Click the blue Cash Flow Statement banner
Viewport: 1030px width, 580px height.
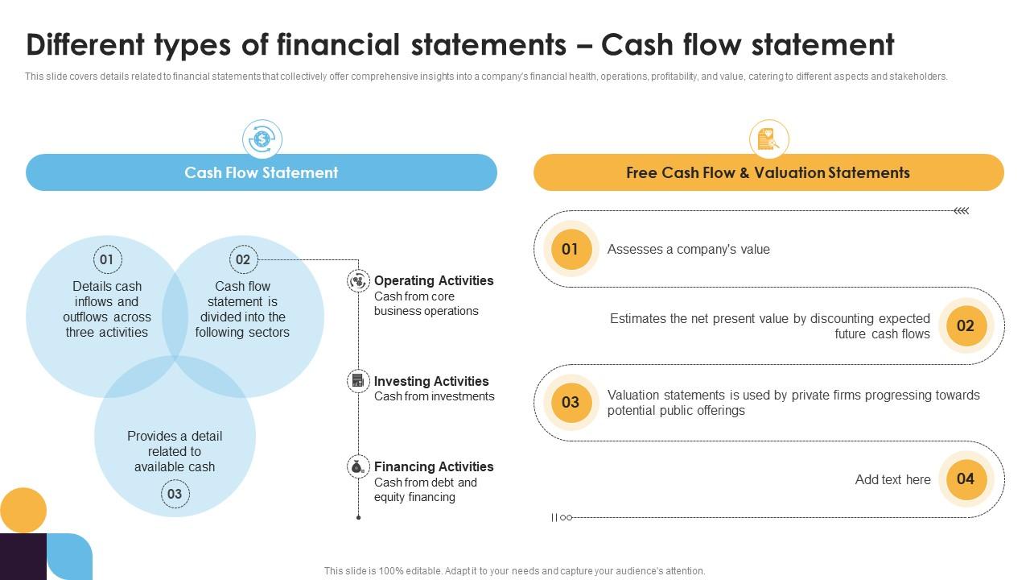coord(262,172)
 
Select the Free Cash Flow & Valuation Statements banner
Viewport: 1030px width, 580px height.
coord(768,172)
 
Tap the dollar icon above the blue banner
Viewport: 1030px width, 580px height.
coord(262,139)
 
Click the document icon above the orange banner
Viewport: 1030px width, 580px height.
coord(768,139)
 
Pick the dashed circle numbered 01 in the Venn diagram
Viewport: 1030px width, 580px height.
coord(106,259)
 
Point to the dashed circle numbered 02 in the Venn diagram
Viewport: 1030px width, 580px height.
coord(242,259)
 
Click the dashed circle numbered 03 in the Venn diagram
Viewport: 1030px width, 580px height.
coord(175,494)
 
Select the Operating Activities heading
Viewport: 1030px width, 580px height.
coord(434,280)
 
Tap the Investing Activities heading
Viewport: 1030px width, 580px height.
coord(431,381)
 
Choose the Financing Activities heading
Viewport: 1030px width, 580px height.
coord(434,466)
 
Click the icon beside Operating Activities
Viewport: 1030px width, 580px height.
coord(358,281)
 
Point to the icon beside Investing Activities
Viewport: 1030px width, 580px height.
coord(358,381)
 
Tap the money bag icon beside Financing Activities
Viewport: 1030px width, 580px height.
coord(358,466)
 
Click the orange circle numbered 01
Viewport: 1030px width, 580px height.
coord(570,249)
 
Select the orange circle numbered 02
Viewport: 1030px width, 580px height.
coord(966,325)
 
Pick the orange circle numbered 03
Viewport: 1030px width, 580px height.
coord(570,402)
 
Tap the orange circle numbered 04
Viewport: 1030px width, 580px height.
coord(966,479)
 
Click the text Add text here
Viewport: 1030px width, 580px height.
coord(892,479)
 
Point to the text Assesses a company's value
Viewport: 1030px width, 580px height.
coord(688,249)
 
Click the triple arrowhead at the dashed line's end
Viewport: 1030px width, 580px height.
coord(961,211)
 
